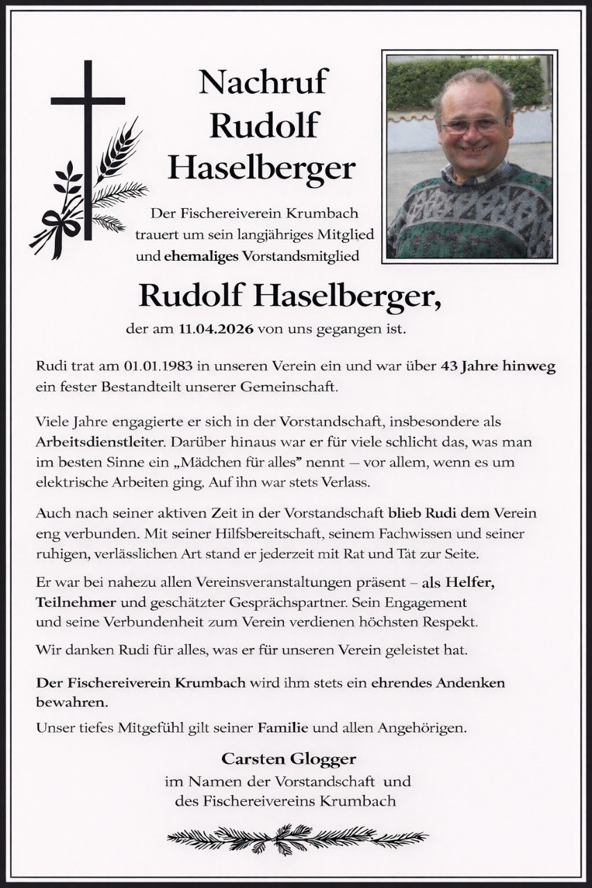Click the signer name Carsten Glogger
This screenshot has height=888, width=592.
(x=288, y=758)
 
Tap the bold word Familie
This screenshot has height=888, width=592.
(x=284, y=728)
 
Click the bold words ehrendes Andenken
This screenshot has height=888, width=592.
(x=438, y=683)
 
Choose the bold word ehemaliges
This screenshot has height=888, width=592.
(x=201, y=256)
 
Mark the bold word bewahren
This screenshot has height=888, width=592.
(x=71, y=702)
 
